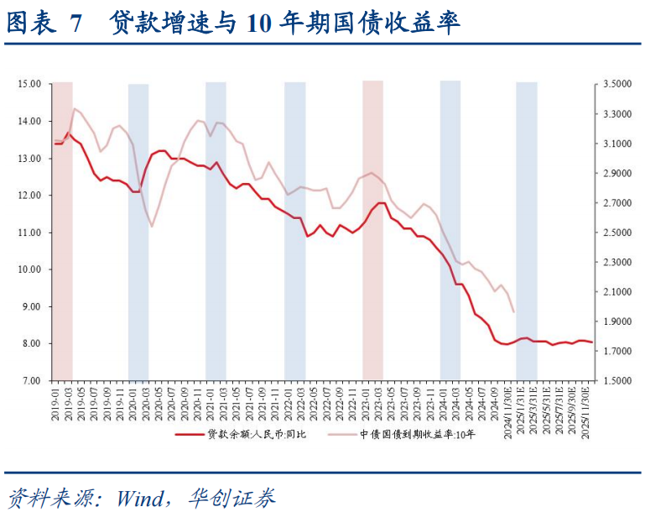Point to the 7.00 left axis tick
[30, 381]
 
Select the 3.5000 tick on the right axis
[616, 84]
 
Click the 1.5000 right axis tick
[616, 381]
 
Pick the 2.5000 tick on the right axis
[616, 232]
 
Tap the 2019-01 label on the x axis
[55, 402]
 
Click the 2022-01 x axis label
[289, 402]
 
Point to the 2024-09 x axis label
[496, 402]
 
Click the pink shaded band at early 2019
[62, 231]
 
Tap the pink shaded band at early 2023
[372, 231]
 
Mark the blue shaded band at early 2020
[138, 231]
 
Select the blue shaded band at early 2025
[526, 231]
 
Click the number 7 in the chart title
[75, 24]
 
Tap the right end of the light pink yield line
[513, 312]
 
